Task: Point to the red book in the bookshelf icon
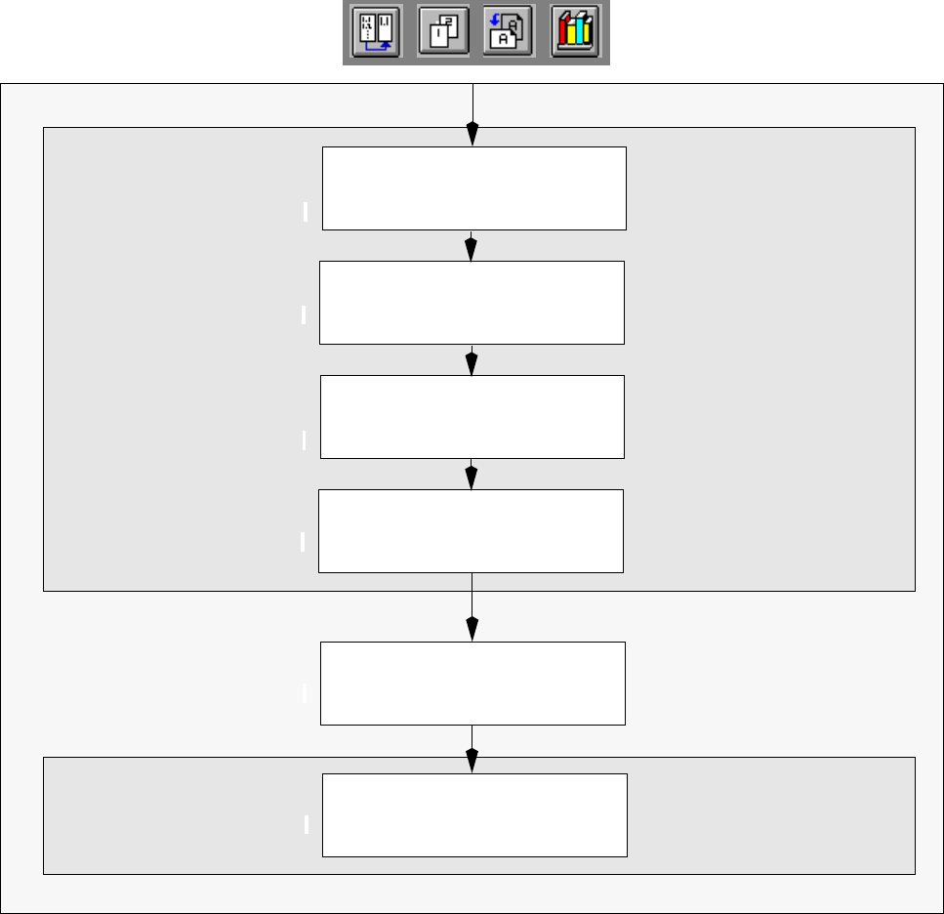[x=563, y=34]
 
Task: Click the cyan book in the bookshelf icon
[x=586, y=32]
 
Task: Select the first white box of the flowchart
[x=473, y=188]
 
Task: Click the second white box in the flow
[x=472, y=303]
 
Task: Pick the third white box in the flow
[x=472, y=417]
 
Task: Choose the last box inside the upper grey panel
[x=472, y=530]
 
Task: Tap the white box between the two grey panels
[x=472, y=684]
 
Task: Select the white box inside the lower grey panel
[x=474, y=815]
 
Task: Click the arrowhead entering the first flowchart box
[x=472, y=134]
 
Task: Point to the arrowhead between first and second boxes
[x=472, y=249]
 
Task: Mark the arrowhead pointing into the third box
[x=472, y=363]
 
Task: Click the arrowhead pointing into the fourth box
[x=472, y=478]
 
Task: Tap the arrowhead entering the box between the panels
[x=472, y=629]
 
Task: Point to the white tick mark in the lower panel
[x=306, y=824]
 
